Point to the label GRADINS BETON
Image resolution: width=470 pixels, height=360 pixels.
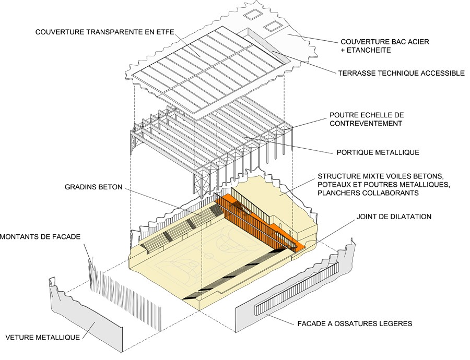tap(93, 186)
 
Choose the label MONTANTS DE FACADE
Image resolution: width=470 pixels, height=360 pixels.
tap(41, 237)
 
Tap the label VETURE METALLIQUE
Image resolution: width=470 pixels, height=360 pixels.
tap(43, 337)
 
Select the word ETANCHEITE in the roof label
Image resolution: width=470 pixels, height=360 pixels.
tap(369, 50)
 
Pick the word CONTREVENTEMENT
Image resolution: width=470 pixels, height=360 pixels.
tap(366, 124)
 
